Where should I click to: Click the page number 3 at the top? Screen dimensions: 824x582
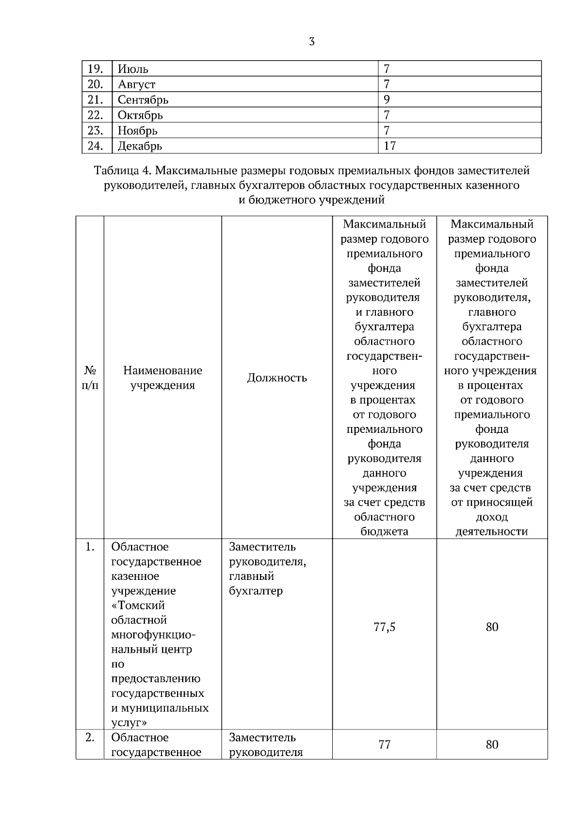click(x=311, y=42)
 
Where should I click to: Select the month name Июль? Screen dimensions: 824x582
click(x=133, y=69)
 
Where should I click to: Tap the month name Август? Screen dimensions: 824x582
click(x=136, y=84)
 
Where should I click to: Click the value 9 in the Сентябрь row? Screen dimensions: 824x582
click(x=387, y=99)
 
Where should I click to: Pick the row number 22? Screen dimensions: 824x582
click(x=95, y=115)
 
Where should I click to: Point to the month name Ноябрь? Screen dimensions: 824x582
click(x=137, y=131)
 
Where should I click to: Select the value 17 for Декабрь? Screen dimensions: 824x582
click(x=389, y=146)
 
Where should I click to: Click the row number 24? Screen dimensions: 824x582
click(x=95, y=146)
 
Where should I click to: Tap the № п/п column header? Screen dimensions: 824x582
click(x=90, y=378)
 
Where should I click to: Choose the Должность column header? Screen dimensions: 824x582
click(x=277, y=378)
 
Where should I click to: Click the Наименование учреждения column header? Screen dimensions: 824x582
click(x=162, y=378)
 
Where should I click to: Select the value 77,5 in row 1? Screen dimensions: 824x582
click(x=384, y=627)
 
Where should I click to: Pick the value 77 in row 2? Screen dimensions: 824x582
click(x=384, y=744)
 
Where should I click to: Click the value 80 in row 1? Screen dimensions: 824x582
click(x=492, y=627)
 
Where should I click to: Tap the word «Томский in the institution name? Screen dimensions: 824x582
click(x=138, y=606)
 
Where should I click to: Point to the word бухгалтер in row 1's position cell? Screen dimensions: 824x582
click(x=256, y=591)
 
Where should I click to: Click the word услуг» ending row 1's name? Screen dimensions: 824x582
click(x=129, y=723)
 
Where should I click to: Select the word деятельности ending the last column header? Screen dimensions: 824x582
click(x=492, y=531)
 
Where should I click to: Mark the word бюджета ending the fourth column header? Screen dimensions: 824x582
click(x=384, y=531)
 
